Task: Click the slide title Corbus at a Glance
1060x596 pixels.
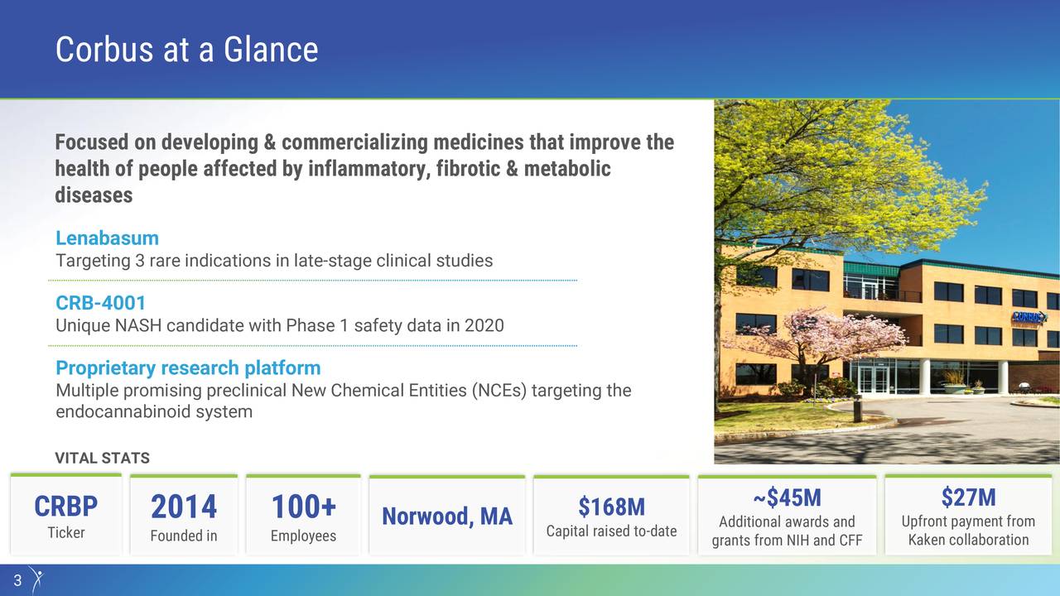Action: (x=186, y=50)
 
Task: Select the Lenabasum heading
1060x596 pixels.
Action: (x=107, y=238)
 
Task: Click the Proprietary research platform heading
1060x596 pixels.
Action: (x=187, y=368)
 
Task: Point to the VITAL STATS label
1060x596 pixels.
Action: (x=102, y=458)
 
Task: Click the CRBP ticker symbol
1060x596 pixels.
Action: (x=65, y=506)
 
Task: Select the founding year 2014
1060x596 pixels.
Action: (x=183, y=507)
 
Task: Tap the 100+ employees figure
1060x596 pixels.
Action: (x=303, y=507)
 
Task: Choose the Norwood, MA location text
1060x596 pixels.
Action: (x=446, y=517)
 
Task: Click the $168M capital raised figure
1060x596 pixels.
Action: (x=611, y=506)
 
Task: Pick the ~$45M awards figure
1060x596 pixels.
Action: (x=787, y=497)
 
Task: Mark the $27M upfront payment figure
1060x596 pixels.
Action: (x=968, y=497)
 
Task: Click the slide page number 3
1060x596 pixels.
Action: (x=17, y=580)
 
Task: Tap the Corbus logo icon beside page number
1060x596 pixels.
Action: (x=35, y=579)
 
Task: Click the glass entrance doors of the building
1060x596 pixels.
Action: (x=872, y=378)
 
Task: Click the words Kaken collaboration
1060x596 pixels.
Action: (x=968, y=540)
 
